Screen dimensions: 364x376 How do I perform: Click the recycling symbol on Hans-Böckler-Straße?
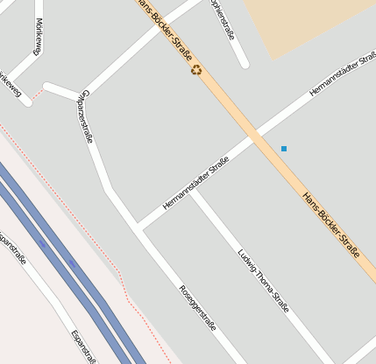coord(196,69)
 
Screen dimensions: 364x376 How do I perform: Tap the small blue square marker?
coord(284,149)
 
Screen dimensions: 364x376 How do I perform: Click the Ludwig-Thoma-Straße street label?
coord(263,281)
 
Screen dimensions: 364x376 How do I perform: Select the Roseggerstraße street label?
coord(197,307)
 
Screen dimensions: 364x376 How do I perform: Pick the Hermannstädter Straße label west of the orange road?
coord(195,183)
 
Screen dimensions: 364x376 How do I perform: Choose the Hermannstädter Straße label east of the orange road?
coord(341,80)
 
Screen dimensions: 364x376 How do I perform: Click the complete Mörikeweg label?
coord(37,37)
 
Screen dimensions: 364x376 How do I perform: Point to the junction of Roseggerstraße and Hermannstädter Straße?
coord(139,228)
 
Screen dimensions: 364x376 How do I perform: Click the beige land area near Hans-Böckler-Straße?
coord(307,22)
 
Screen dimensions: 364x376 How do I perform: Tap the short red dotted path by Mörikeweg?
coord(35,97)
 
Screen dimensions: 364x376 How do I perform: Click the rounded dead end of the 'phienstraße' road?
coord(244,63)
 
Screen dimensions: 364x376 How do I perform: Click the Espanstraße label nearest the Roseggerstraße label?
coord(84,346)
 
